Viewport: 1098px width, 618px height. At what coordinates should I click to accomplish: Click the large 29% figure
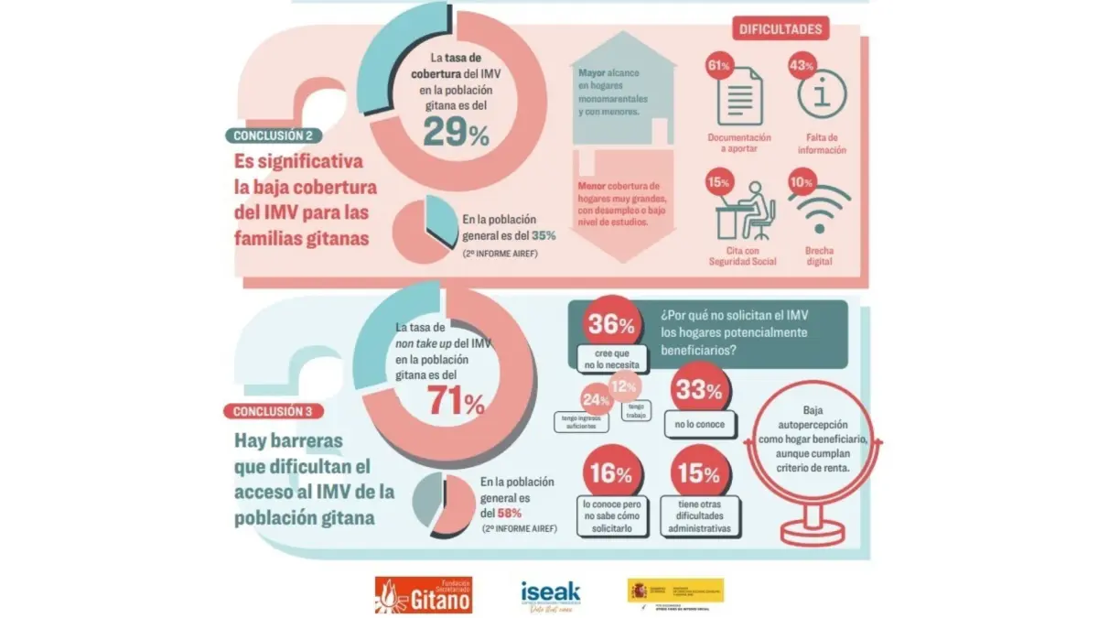(455, 134)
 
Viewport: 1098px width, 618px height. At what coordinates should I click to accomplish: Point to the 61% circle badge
(718, 67)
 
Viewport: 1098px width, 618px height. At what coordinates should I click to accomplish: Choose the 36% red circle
(610, 325)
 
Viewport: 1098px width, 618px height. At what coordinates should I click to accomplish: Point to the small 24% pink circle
(596, 399)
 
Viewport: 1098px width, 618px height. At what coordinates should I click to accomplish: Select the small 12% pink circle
(624, 386)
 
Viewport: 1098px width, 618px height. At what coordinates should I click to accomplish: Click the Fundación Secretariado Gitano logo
(423, 595)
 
